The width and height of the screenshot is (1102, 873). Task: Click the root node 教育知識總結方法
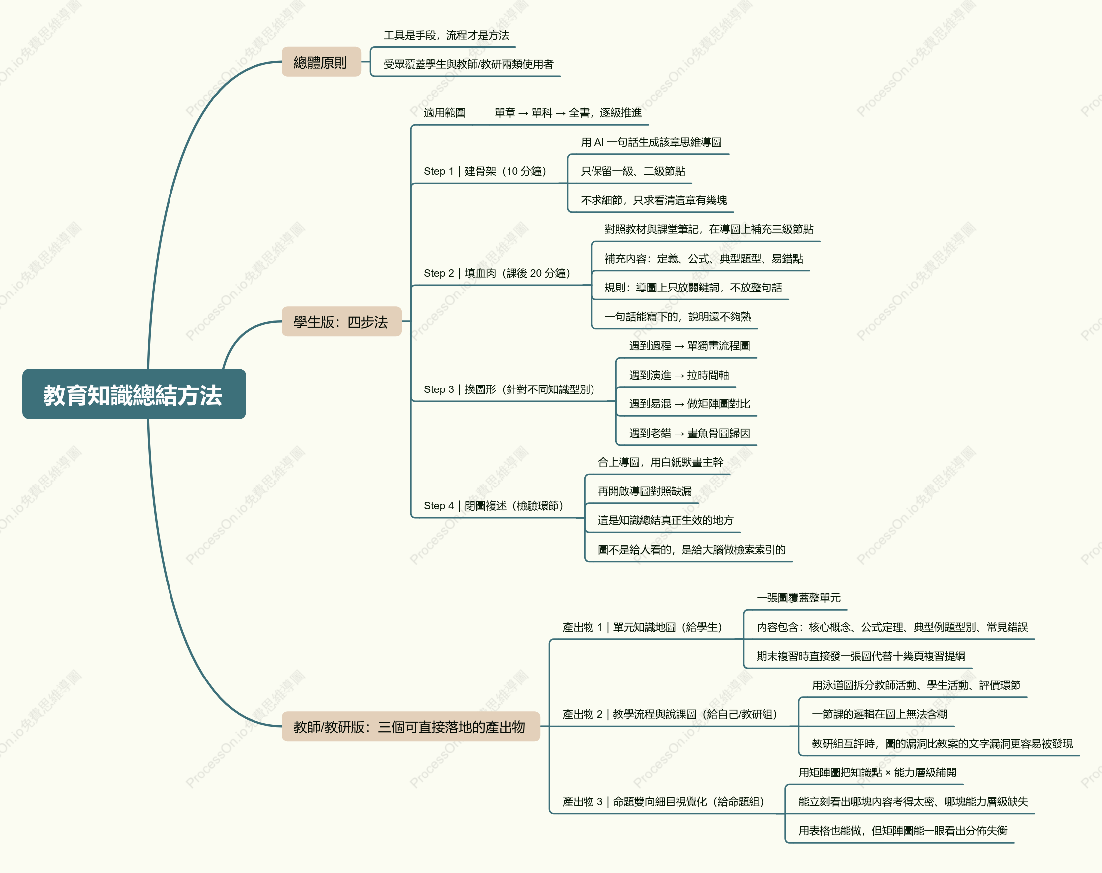[134, 394]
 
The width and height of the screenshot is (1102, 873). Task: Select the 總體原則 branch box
[321, 62]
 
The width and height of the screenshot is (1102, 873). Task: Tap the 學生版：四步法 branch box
[341, 321]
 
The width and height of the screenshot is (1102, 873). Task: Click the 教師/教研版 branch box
[411, 726]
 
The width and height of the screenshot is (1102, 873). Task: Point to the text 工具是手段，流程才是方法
[446, 35]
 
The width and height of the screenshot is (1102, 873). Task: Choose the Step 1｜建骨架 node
[486, 171]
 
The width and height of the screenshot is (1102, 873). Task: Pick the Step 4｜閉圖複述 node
[494, 506]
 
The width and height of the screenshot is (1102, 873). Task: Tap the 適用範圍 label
[445, 113]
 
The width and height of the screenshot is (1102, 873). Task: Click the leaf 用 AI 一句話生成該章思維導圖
[651, 142]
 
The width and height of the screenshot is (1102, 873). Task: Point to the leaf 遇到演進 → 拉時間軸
[678, 375]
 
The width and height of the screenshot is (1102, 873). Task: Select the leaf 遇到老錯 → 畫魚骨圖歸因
[689, 433]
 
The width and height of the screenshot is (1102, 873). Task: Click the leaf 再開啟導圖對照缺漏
[645, 491]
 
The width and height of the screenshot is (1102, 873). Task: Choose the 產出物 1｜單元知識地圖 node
[642, 627]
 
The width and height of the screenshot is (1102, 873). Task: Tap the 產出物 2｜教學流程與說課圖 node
[670, 714]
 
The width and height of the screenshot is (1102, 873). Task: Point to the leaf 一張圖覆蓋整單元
[799, 598]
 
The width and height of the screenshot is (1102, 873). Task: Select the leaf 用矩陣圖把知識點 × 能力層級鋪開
[877, 773]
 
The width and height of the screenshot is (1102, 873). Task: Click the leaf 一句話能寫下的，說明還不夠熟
[678, 317]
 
